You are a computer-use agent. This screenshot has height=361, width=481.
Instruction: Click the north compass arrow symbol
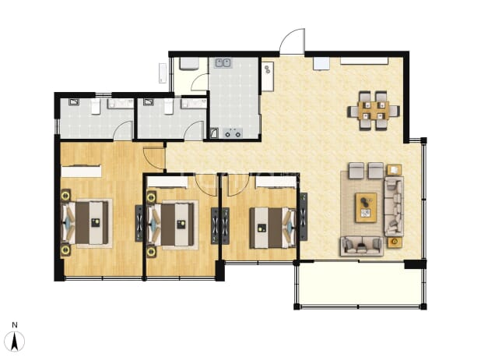pos(15,341)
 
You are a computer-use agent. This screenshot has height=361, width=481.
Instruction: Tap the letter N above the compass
pos(15,325)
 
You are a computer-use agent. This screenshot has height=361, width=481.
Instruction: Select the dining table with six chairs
pos(374,111)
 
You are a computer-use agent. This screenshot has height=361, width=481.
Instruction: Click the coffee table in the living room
pos(366,207)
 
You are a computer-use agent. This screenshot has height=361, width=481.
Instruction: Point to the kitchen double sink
pos(223,63)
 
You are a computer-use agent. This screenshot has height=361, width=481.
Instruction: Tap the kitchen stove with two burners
pos(233,134)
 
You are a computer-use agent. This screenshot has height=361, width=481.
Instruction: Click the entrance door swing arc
pos(292,41)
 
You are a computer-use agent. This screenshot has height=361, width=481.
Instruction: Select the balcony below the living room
pos(360,285)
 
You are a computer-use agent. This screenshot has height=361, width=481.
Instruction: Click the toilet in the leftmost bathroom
pos(96,106)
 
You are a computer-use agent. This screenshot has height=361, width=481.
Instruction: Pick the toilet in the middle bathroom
pos(169,106)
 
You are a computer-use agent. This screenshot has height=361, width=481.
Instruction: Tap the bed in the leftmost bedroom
pos(86,223)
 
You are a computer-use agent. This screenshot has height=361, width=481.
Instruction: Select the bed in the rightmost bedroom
pos(273,228)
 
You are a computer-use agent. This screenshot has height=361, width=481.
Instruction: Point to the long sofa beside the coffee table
pos(394,207)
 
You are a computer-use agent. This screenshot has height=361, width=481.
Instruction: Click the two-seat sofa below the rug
pos(362,246)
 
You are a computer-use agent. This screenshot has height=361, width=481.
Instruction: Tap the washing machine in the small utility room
pos(189,64)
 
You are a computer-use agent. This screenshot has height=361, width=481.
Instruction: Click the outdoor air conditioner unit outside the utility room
pos(163,73)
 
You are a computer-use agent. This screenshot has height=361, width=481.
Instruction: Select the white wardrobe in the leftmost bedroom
pos(81,172)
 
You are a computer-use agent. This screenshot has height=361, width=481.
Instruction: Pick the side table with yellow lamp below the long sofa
pos(395,242)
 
